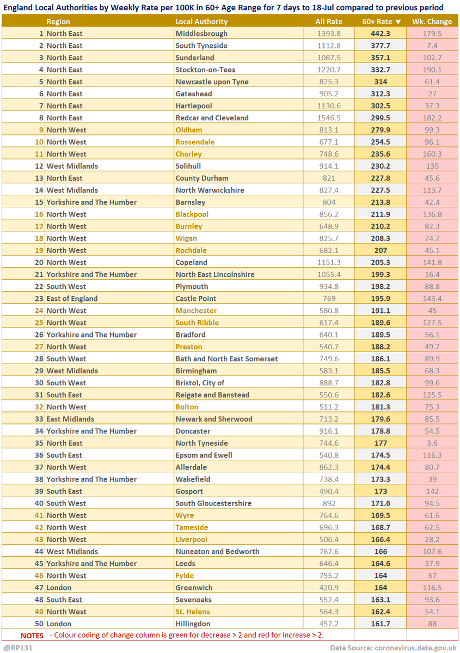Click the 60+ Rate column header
pos(381,22)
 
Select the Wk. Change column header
pos(432,22)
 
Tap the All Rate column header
pos(329,22)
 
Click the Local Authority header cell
pos(201,22)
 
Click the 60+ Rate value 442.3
pos(381,34)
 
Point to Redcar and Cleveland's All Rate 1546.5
pos(329,118)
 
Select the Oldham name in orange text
pos(188,130)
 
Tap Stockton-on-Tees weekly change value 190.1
pos(432,70)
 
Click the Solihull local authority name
pos(188,166)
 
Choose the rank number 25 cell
pos(39,323)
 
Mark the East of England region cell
pos(72,299)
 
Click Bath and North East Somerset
pos(226,359)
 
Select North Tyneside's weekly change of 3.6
pos(432,443)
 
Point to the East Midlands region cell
pos(70,419)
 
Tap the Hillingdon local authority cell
pos(193,624)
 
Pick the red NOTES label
pos(32,636)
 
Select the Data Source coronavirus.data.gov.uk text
pos(392,648)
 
